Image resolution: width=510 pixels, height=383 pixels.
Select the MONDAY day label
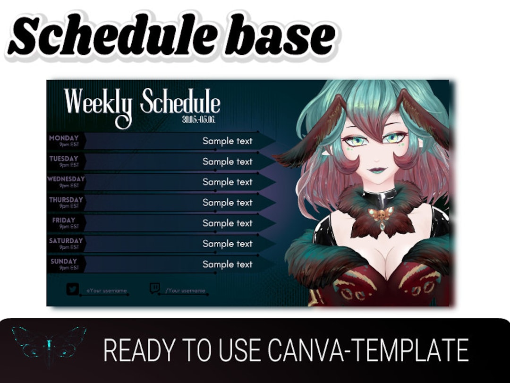(64, 138)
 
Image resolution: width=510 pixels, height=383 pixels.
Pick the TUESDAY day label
(64, 159)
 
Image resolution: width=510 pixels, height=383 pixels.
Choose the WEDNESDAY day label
(66, 179)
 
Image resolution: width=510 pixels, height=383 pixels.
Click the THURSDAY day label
(66, 200)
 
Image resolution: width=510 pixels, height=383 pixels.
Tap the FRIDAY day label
(64, 220)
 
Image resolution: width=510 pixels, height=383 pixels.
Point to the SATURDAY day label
(66, 241)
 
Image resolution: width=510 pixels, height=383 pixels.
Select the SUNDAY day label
(63, 261)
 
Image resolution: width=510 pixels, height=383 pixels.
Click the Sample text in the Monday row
(228, 141)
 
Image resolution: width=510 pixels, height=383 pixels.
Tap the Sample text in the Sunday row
(228, 264)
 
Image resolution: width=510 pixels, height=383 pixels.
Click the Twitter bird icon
(72, 289)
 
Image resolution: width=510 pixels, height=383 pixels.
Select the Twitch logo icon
(154, 288)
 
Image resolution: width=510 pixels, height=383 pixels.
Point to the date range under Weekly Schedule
(199, 119)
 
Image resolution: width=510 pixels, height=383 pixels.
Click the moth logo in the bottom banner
(49, 346)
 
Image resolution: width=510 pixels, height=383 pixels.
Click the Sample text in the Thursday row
(228, 203)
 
